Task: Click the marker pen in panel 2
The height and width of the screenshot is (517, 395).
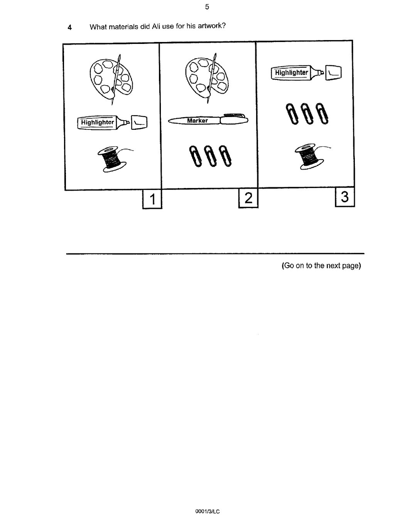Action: [x=208, y=121]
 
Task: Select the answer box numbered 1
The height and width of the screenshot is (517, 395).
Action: [x=152, y=199]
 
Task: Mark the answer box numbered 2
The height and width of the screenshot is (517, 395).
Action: [x=248, y=198]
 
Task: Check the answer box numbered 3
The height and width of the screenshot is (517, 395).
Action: [x=344, y=197]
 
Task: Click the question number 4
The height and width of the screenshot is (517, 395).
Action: [x=69, y=27]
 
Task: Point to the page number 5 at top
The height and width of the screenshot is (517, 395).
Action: [x=207, y=7]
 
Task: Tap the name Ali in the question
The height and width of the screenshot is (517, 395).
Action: [x=156, y=27]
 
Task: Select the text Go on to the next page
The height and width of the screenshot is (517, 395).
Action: [x=321, y=265]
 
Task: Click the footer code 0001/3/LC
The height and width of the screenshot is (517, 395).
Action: [x=207, y=511]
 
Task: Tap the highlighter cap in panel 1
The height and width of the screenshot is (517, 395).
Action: [x=139, y=123]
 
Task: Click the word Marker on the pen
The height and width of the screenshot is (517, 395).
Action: [x=197, y=121]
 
